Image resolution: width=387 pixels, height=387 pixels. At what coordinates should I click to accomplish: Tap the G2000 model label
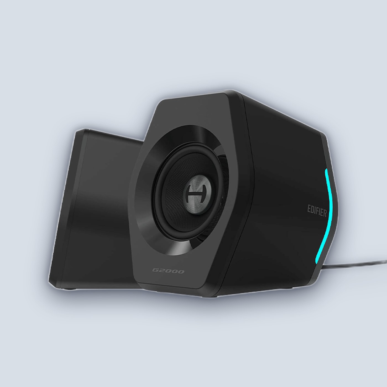pyautogui.click(x=168, y=271)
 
